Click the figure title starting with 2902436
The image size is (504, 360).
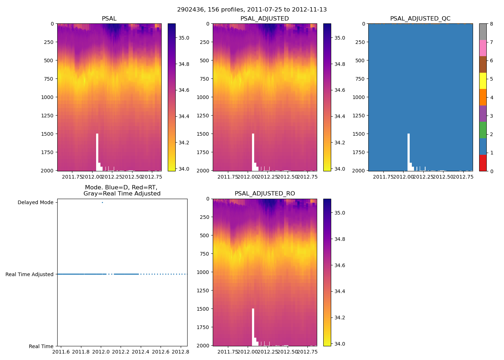(x=252, y=10)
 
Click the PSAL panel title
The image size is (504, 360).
(x=109, y=19)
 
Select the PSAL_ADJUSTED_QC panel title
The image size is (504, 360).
(x=420, y=19)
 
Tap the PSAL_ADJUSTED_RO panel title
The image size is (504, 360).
(x=265, y=194)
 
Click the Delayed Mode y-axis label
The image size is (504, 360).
(x=35, y=202)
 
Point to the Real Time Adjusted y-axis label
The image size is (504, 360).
(x=30, y=274)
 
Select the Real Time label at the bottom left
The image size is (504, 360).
(x=41, y=346)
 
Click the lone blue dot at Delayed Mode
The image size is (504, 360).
(x=102, y=202)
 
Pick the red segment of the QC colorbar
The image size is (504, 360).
(x=483, y=163)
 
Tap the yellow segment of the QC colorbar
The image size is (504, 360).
(x=483, y=81)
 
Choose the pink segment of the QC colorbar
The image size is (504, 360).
(x=483, y=48)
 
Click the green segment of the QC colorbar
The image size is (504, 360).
(x=483, y=130)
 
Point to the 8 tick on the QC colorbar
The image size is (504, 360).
(x=491, y=24)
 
